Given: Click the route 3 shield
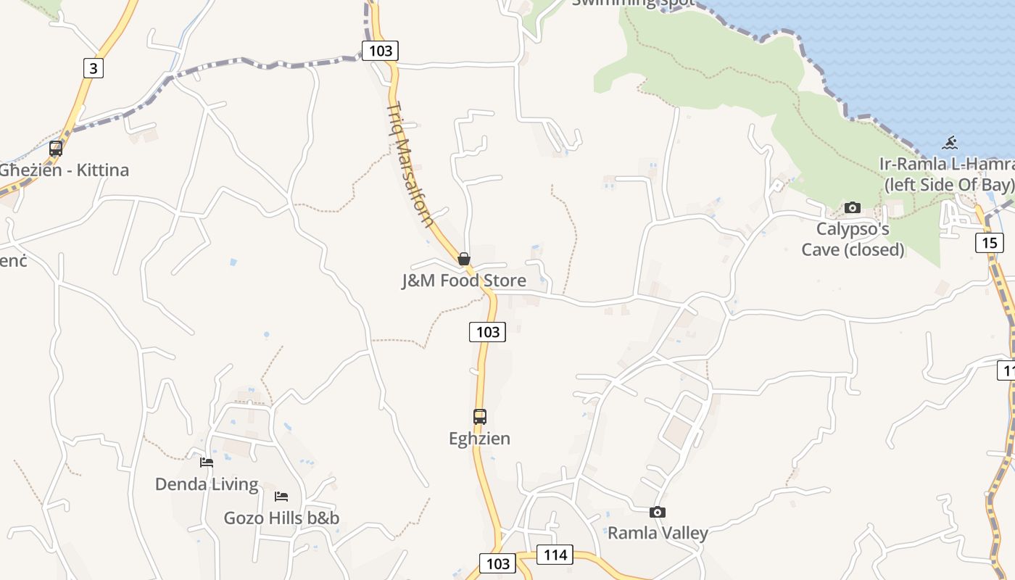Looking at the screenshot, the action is [x=93, y=68].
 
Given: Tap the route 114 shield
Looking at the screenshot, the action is [x=555, y=555].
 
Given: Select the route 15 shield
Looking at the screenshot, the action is [x=990, y=242].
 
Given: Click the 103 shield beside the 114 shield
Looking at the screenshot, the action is [x=498, y=564].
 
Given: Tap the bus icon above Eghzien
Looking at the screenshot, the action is [x=479, y=417].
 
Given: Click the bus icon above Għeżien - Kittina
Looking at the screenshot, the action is [x=56, y=149].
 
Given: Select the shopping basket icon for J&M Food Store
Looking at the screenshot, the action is [x=464, y=259].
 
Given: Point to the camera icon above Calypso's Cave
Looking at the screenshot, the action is [x=853, y=208].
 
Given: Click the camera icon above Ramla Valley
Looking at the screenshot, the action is [x=657, y=513].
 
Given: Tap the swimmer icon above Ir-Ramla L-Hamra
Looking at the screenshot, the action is [x=950, y=143].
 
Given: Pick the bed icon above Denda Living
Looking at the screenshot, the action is [x=207, y=463].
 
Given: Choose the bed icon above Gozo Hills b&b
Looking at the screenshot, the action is [x=281, y=497].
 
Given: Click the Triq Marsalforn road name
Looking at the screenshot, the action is [x=410, y=165].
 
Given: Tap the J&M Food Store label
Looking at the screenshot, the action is [x=464, y=281].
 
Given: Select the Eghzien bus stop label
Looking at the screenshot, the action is [x=479, y=439].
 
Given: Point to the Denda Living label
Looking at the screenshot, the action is [x=207, y=484].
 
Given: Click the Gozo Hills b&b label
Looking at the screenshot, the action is [x=281, y=518].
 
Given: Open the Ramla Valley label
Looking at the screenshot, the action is [x=657, y=534].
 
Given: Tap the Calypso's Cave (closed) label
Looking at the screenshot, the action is [x=853, y=239].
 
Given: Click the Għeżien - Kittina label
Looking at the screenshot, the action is [x=64, y=170].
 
